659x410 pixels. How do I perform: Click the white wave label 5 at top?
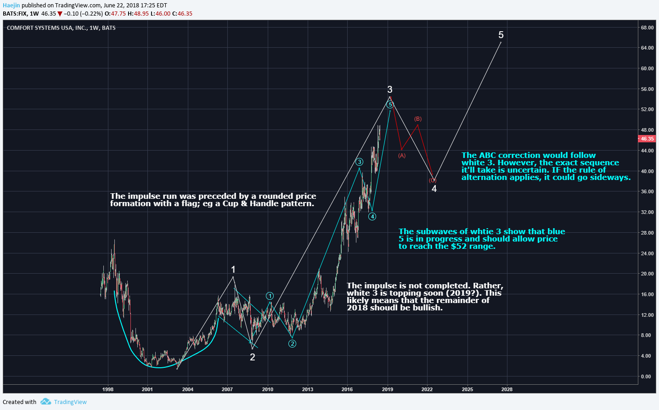pyautogui.click(x=501, y=35)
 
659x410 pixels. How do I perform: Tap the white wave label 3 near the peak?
pyautogui.click(x=389, y=90)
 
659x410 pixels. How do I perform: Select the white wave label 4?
pyautogui.click(x=434, y=189)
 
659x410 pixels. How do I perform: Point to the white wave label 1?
pyautogui.click(x=233, y=270)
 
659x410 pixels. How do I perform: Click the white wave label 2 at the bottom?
pyautogui.click(x=252, y=357)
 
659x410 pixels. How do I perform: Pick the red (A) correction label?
pyautogui.click(x=402, y=156)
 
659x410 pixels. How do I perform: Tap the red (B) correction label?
pyautogui.click(x=418, y=119)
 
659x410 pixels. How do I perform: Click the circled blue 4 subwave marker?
pyautogui.click(x=372, y=216)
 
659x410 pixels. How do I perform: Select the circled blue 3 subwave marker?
pyautogui.click(x=359, y=162)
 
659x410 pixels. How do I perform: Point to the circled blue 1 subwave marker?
pyautogui.click(x=270, y=296)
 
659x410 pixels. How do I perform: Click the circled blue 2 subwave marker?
pyautogui.click(x=292, y=343)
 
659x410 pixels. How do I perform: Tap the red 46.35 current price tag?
pyautogui.click(x=647, y=139)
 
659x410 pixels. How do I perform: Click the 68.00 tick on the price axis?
pyautogui.click(x=647, y=28)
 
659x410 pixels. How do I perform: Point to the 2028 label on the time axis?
pyautogui.click(x=507, y=389)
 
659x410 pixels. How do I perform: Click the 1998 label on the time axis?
pyautogui.click(x=108, y=389)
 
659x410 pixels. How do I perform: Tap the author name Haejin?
pyautogui.click(x=11, y=6)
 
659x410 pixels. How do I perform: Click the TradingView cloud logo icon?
pyautogui.click(x=45, y=402)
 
